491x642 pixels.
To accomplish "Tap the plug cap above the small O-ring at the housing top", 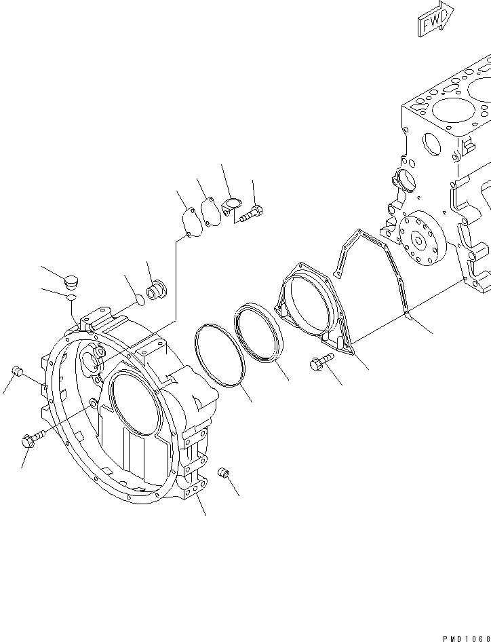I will click(x=68, y=280).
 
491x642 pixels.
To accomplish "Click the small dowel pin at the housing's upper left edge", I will click(x=19, y=372).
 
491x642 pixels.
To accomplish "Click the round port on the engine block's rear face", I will click(x=431, y=144).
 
